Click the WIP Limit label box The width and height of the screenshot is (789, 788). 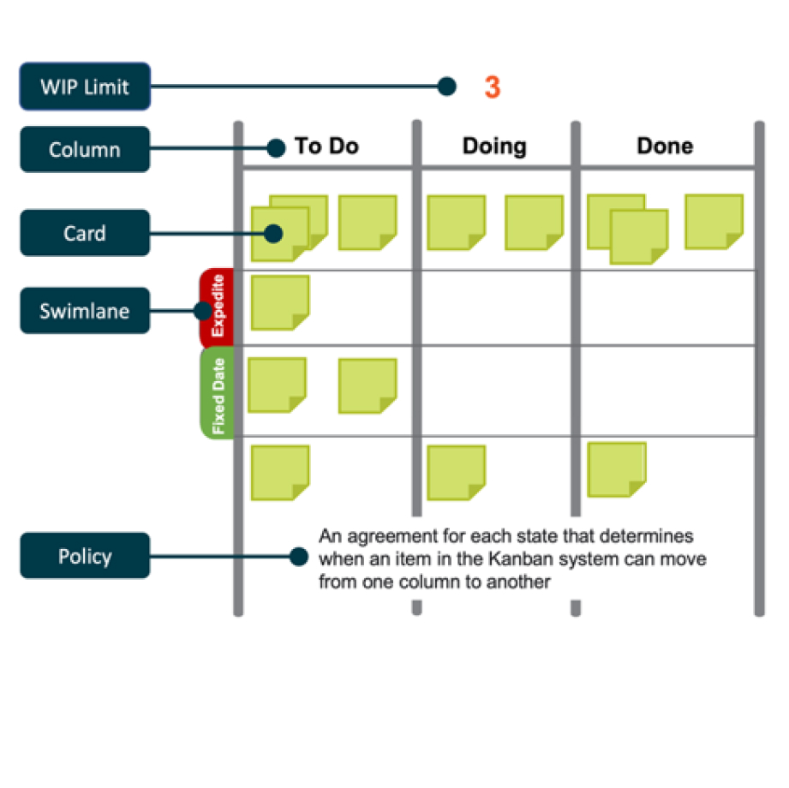pos(85,87)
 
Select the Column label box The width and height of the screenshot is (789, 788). pos(85,150)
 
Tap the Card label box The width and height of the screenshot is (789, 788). pos(85,233)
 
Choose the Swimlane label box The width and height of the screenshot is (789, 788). pos(85,311)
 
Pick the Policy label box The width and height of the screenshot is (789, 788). pos(85,556)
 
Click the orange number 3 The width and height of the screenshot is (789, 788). pos(492,87)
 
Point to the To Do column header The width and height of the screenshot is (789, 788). pos(326,146)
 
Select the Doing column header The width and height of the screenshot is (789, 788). pos(494,146)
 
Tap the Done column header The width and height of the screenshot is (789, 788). pos(665,146)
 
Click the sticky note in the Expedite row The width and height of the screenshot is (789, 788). pos(280,302)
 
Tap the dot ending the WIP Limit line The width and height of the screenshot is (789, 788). pos(445,87)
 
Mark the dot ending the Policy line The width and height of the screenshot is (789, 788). pos(298,557)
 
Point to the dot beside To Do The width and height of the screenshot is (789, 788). pos(275,149)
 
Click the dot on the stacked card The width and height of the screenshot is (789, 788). pos(274,233)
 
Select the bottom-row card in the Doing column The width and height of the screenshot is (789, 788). pos(457,472)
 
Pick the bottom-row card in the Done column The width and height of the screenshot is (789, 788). pos(617,469)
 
